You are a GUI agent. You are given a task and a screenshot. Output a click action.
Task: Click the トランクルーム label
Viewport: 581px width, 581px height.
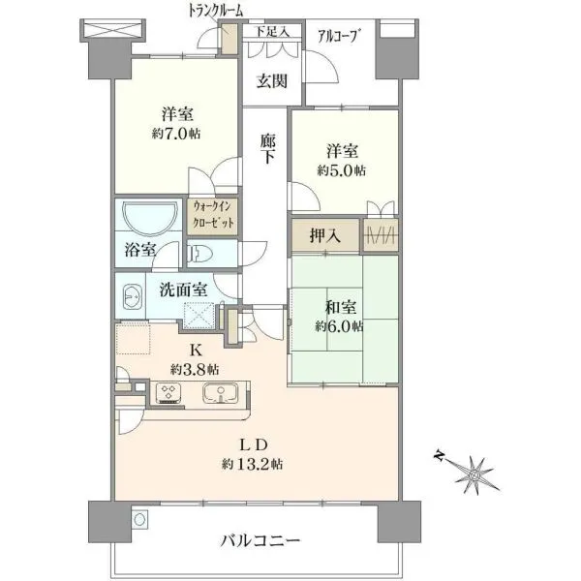215,11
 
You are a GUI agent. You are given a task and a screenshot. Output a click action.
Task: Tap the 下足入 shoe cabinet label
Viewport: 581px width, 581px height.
273,32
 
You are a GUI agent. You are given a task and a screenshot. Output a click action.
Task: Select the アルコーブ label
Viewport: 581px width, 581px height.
339,37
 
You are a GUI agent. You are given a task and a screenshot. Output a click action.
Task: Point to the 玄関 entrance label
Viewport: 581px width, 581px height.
272,81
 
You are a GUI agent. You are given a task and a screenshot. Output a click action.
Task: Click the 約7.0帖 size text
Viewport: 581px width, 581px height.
176,134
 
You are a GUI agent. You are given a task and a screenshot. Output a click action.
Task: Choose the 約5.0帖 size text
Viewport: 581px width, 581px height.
341,170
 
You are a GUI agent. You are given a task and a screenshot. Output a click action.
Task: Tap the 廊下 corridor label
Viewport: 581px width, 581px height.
267,148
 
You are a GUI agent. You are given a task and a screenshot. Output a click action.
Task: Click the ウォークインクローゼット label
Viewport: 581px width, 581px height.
213,214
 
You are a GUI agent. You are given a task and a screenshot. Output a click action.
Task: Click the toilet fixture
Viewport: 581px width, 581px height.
199,254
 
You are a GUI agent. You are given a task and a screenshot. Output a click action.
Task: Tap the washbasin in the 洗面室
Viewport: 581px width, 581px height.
132,296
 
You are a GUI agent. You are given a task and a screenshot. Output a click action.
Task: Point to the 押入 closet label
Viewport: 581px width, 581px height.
325,235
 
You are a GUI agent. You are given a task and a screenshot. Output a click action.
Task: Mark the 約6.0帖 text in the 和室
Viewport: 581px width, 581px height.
340,326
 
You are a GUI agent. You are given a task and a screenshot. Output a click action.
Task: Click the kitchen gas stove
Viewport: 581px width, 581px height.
168,393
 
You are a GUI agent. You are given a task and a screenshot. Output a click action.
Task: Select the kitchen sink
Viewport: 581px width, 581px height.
221,393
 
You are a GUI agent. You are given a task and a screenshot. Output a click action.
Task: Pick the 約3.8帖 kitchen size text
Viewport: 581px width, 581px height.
195,369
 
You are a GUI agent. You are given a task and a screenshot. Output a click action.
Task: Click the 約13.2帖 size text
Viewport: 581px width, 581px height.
253,464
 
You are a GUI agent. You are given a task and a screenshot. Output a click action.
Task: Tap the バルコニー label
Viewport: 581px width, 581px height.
260,540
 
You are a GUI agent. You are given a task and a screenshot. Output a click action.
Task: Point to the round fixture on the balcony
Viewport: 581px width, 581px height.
139,519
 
